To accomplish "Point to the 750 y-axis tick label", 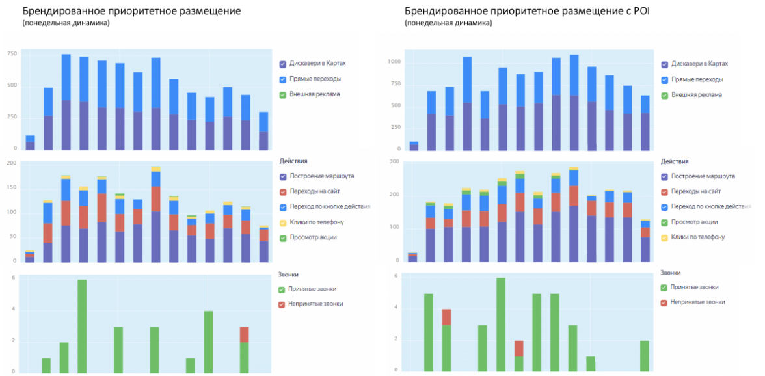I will (x=12, y=54).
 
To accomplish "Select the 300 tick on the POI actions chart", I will (x=394, y=161).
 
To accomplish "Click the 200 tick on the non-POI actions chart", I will (x=12, y=163).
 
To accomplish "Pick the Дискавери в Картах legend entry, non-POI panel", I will (x=317, y=64).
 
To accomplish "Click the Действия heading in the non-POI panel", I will (x=293, y=161).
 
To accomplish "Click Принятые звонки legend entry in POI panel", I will (x=695, y=288).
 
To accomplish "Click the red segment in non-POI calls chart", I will (x=245, y=334).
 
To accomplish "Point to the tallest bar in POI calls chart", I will (x=501, y=325).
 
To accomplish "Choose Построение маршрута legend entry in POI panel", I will (x=703, y=176).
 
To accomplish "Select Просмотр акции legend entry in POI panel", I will (x=697, y=222).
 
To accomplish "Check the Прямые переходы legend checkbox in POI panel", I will (x=664, y=80).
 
